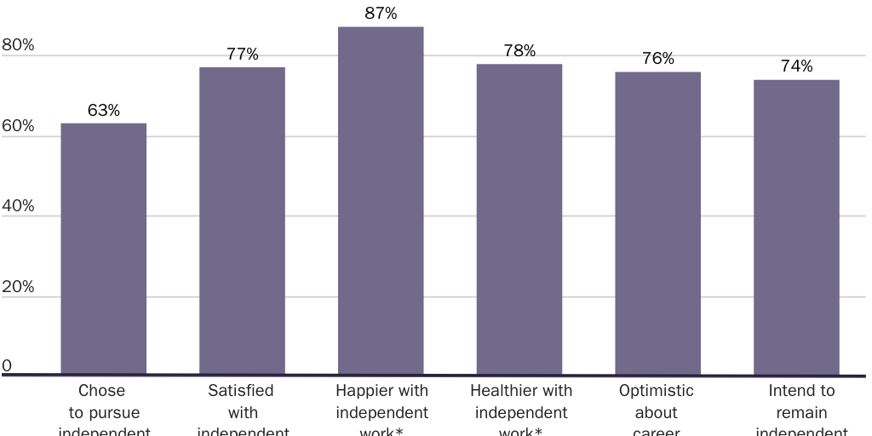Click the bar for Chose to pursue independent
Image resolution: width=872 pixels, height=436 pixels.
(x=103, y=249)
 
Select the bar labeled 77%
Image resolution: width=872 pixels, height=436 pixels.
(x=242, y=221)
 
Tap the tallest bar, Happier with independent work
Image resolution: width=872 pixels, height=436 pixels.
(x=381, y=200)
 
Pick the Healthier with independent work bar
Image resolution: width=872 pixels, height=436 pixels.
(x=519, y=219)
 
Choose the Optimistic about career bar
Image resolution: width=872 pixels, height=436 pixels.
(x=657, y=223)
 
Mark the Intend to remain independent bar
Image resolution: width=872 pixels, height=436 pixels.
(x=796, y=227)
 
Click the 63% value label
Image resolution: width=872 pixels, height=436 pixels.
(x=103, y=111)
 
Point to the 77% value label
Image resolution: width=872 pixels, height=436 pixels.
(x=242, y=54)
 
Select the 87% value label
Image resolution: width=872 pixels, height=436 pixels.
(x=381, y=14)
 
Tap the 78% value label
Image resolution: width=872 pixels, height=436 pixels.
(x=519, y=51)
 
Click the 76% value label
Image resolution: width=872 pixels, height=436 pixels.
(x=657, y=59)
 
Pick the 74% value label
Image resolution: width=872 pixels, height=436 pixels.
(x=796, y=66)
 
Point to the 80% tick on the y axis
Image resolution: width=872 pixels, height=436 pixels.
(x=18, y=45)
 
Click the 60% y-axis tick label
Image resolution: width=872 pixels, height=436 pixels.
(x=18, y=126)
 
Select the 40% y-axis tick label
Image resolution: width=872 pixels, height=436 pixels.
(x=18, y=206)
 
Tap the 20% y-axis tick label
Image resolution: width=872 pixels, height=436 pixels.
(x=18, y=287)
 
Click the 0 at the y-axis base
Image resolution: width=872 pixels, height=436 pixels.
(x=7, y=366)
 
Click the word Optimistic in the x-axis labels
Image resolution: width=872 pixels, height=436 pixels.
(x=656, y=391)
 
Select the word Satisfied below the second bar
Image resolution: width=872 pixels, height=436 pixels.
(x=241, y=391)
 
